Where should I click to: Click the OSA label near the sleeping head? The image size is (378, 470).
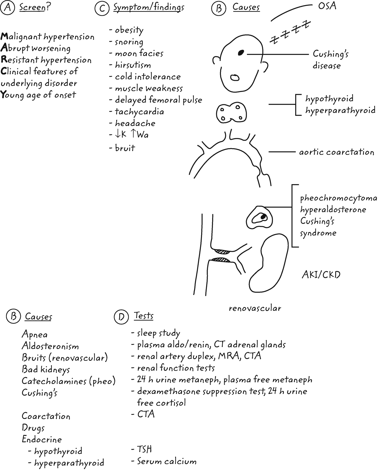(x=327, y=6)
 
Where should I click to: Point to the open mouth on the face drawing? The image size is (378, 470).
(x=235, y=78)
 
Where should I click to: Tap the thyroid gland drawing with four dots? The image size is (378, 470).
(x=231, y=112)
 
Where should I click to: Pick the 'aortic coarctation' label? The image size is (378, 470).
(x=336, y=152)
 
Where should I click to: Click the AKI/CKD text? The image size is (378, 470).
(x=321, y=275)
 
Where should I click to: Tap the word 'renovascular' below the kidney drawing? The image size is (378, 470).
(x=255, y=308)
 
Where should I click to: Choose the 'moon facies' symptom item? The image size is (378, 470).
(x=139, y=53)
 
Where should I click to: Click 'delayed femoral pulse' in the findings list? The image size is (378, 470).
(x=158, y=100)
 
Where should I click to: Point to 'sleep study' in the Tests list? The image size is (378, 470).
(x=158, y=333)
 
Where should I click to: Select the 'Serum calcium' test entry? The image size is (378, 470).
(x=167, y=461)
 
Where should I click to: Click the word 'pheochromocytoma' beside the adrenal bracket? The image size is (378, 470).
(x=338, y=198)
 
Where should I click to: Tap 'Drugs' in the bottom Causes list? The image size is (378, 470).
(x=33, y=428)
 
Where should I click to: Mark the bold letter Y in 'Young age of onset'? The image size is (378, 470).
(x=4, y=95)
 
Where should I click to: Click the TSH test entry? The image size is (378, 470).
(x=144, y=449)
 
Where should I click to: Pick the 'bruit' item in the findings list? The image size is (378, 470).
(x=125, y=148)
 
